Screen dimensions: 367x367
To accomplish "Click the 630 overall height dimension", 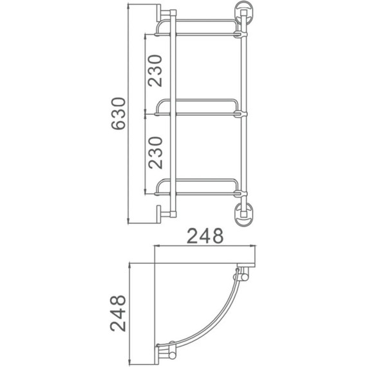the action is pyautogui.click(x=118, y=113).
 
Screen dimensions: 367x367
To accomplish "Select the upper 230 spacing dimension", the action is pyautogui.click(x=155, y=71).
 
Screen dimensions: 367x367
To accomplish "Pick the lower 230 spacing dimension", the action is pyautogui.click(x=155, y=153).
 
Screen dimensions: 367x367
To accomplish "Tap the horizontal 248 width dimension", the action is pyautogui.click(x=205, y=236).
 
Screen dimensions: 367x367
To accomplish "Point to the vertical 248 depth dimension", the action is pyautogui.click(x=118, y=313).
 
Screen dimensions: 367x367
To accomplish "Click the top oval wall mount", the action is pyautogui.click(x=243, y=13).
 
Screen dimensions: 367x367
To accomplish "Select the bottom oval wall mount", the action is pyautogui.click(x=243, y=214).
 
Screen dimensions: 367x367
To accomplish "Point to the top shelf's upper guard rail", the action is pyautogui.click(x=196, y=21).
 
